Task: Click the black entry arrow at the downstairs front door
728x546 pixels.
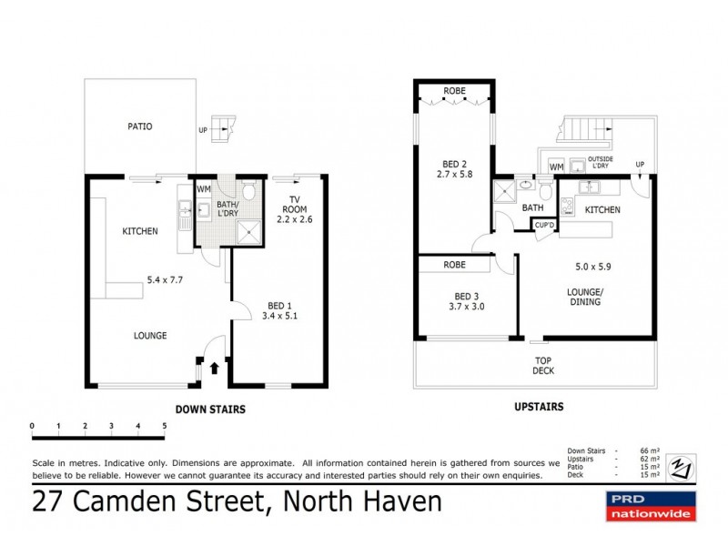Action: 214,368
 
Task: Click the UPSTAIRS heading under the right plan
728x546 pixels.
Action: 539,407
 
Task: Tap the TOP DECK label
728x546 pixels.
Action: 544,366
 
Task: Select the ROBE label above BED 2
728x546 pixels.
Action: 455,91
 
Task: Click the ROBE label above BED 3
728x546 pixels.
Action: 455,265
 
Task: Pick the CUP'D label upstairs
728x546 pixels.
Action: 545,225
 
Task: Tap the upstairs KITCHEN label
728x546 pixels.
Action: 602,210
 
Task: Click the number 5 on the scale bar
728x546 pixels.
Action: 165,425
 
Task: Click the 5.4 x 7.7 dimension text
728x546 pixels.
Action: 166,280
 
